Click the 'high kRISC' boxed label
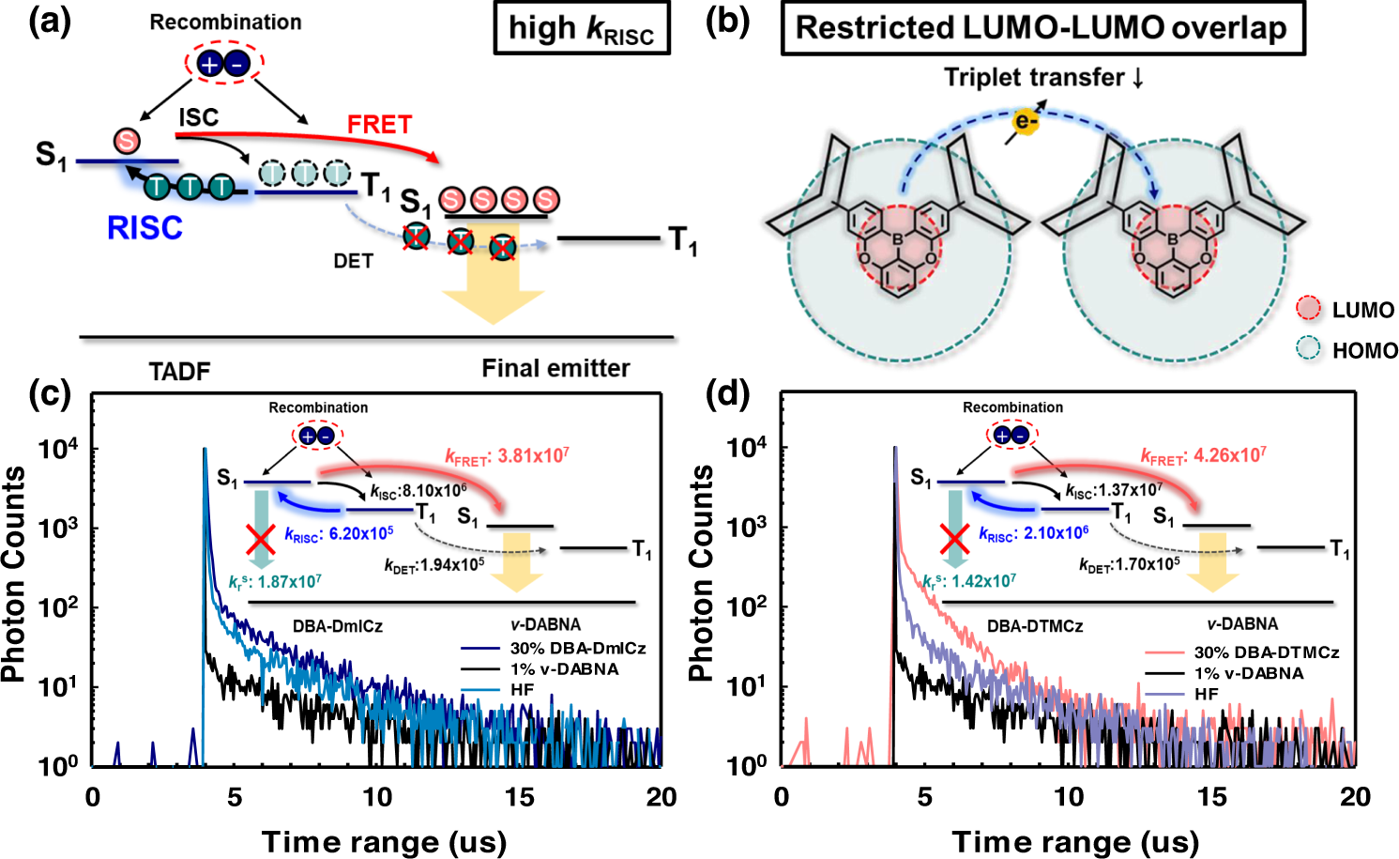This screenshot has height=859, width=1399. click(581, 30)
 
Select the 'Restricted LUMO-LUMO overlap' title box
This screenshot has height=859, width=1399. click(1042, 28)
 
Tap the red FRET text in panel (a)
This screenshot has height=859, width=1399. click(379, 125)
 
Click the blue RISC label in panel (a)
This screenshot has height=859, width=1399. click(144, 228)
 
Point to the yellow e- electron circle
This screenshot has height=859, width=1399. click(1026, 121)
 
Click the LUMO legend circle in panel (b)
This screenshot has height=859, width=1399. click(1308, 310)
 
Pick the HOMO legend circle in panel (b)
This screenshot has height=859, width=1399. click(1308, 350)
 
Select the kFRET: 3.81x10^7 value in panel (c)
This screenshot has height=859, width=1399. click(507, 457)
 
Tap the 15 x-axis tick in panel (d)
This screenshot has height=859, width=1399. click(1211, 797)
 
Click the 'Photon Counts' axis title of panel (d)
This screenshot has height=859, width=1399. click(701, 573)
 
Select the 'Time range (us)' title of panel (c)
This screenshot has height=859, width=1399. click(384, 842)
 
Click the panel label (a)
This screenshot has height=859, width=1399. click(50, 21)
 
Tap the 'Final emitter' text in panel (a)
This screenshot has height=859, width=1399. click(555, 369)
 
